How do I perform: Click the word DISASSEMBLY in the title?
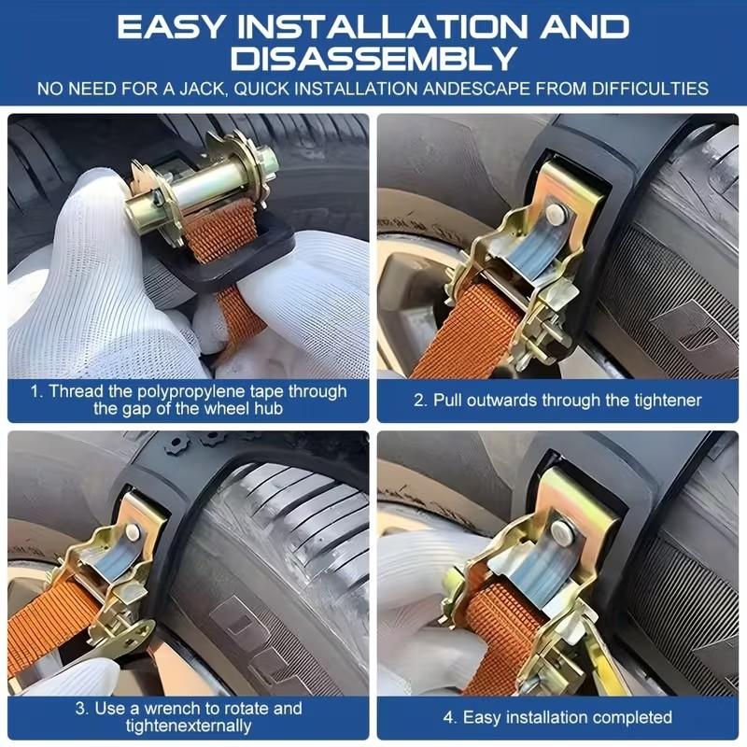pos(373,58)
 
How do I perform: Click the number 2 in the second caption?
pos(418,400)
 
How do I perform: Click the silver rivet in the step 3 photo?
pos(133,533)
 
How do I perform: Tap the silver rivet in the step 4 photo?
pos(561,533)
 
